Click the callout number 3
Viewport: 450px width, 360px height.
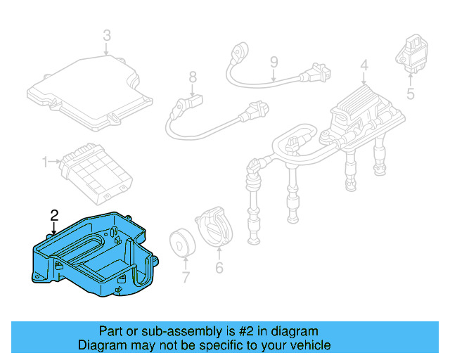point(106,34)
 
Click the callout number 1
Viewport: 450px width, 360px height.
point(45,162)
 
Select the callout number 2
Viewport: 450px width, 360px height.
point(54,214)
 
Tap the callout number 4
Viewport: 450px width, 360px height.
point(364,67)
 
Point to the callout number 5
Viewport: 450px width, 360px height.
point(411,93)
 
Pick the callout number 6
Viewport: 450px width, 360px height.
point(218,268)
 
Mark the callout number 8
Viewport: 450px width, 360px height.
point(192,77)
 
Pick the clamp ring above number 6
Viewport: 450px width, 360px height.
point(214,226)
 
